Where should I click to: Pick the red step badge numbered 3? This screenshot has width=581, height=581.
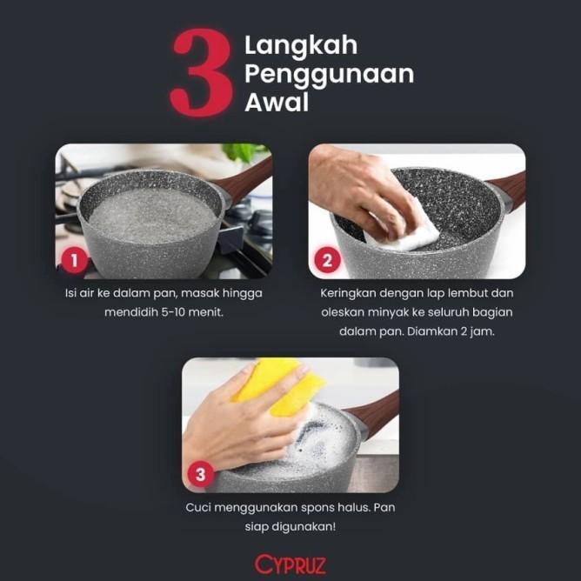pos(202,475)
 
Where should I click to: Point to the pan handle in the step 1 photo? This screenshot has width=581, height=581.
pos(247,179)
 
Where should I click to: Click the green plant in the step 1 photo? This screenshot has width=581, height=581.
pos(244,152)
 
